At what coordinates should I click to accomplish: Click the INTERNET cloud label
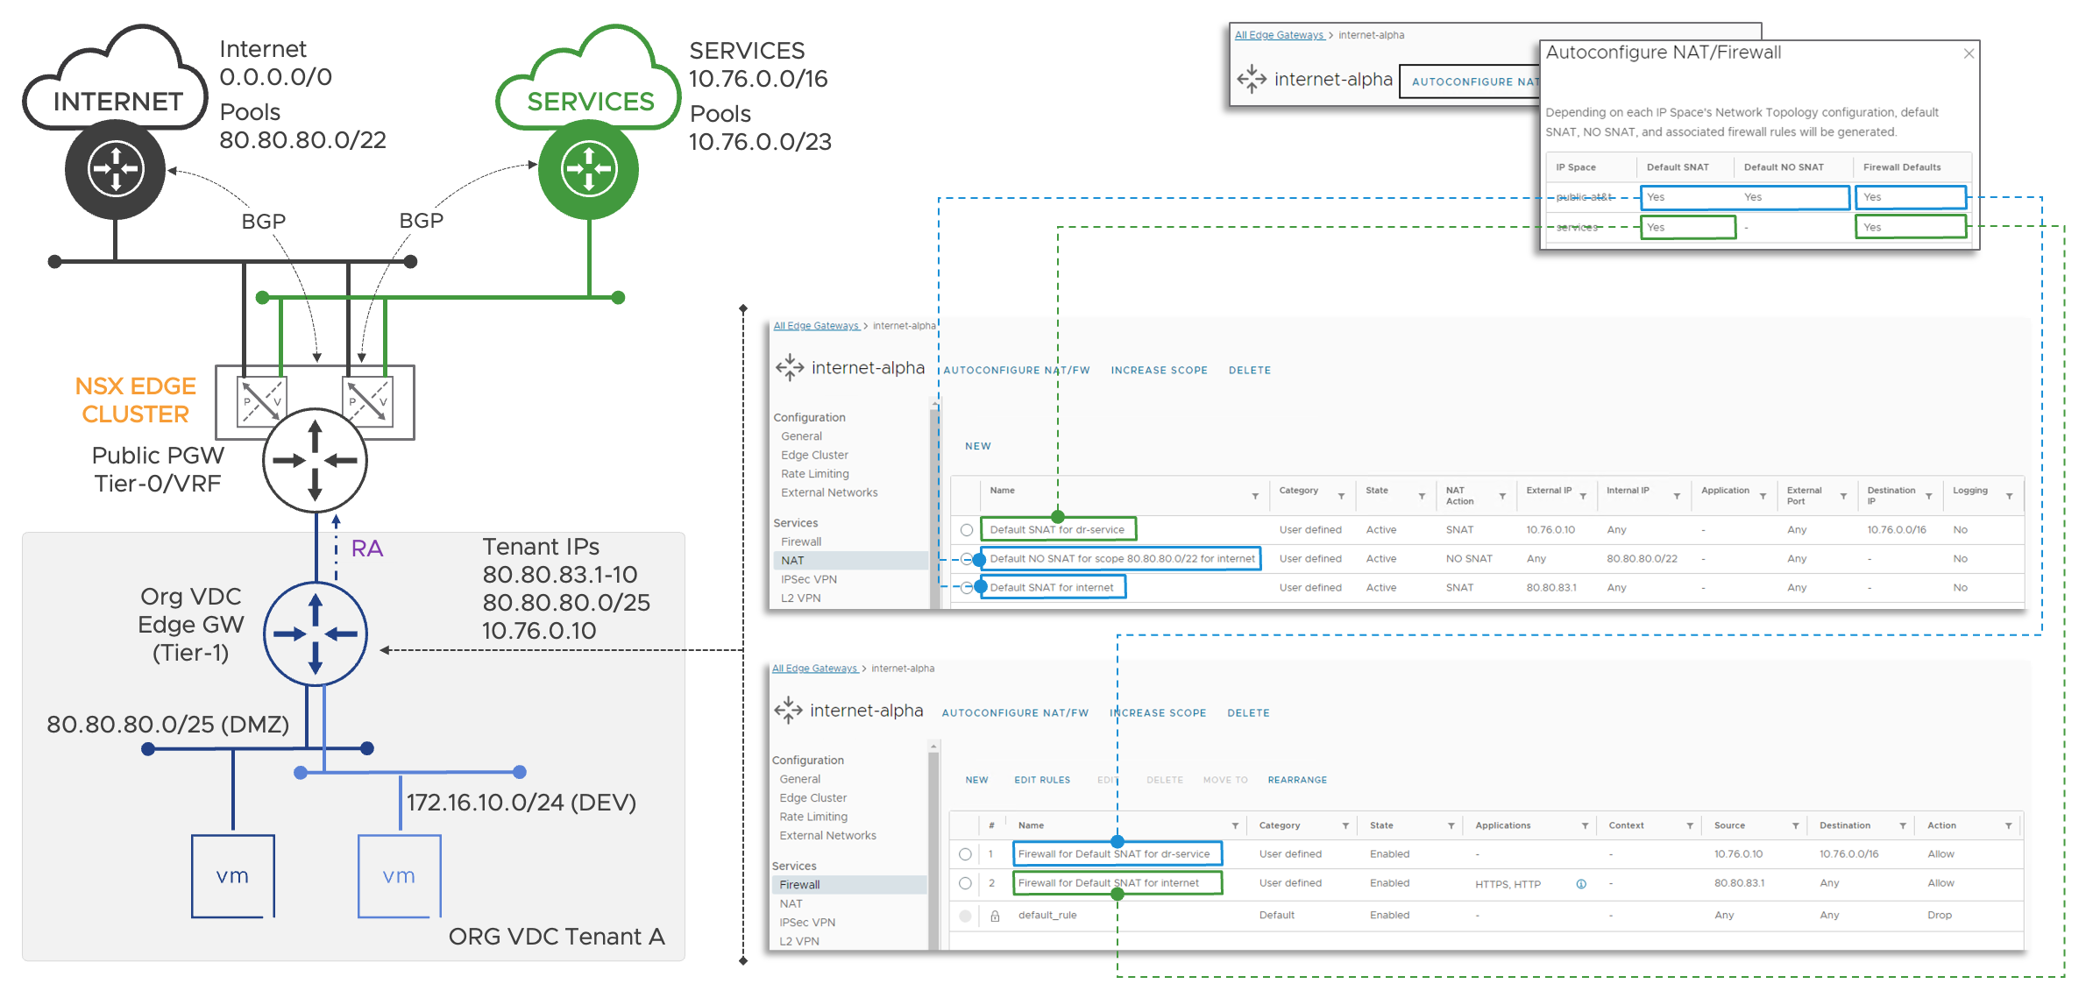coord(117,102)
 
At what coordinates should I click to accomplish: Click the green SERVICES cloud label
coord(590,102)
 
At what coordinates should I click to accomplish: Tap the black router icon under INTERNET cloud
coord(115,168)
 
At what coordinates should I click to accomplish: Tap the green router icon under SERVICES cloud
coord(588,168)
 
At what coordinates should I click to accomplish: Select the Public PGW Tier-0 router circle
coord(315,460)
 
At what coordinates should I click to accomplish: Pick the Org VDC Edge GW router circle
coord(315,633)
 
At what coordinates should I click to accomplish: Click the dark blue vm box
coord(232,875)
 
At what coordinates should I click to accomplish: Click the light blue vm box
coord(399,875)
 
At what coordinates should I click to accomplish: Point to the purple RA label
coord(367,549)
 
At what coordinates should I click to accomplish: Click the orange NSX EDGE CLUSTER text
coord(135,400)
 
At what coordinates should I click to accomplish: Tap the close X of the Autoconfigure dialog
coord(1969,53)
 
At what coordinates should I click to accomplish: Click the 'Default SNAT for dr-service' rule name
coord(1057,529)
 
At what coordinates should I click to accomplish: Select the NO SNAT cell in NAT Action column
coord(1469,558)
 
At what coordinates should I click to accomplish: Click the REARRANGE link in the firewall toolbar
coord(1297,780)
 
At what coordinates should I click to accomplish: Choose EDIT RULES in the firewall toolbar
coord(1042,780)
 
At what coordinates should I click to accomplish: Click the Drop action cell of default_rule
coord(1940,915)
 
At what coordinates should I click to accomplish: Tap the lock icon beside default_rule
coord(995,916)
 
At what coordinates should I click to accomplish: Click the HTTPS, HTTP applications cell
coord(1508,884)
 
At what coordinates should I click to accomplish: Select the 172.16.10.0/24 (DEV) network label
coord(521,802)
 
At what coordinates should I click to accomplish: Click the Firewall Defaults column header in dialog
coord(1902,167)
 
